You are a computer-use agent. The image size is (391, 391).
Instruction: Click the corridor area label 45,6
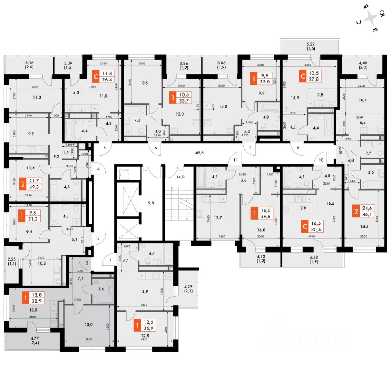199,153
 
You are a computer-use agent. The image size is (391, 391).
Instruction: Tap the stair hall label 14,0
180,177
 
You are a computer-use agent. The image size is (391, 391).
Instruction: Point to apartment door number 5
104,149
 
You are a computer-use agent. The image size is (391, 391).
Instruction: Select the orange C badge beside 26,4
96,77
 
